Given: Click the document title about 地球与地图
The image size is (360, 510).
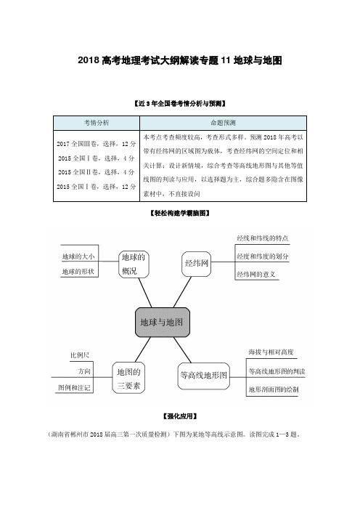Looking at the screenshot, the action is [x=180, y=60].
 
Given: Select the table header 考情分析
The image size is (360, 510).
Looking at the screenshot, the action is [x=97, y=123].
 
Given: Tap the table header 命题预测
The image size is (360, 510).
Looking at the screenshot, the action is [x=223, y=123].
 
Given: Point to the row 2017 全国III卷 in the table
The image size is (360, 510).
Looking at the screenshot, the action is [x=97, y=144].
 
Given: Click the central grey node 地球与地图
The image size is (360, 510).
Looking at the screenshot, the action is [x=163, y=323].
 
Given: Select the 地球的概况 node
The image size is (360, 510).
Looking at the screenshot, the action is [x=134, y=264].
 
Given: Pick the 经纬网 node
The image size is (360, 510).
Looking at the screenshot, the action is [x=196, y=264].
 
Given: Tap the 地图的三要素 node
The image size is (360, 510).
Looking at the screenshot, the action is [x=128, y=379].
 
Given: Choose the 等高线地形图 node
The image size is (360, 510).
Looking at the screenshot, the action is [x=204, y=376].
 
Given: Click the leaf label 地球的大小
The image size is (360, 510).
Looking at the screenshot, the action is [x=78, y=256].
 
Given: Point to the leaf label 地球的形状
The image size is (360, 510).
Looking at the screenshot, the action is [x=78, y=272].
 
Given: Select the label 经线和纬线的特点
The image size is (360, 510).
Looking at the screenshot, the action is [x=263, y=238].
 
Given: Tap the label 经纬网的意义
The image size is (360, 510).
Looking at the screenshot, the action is [x=256, y=275].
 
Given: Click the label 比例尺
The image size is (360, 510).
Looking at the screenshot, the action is [x=80, y=355].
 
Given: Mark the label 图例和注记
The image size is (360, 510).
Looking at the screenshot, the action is [x=74, y=388].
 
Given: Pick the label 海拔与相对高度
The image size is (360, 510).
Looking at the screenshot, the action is [x=271, y=352].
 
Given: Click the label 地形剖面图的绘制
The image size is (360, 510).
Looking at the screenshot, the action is [x=273, y=389].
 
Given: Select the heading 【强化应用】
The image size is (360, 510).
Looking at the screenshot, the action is [x=180, y=416].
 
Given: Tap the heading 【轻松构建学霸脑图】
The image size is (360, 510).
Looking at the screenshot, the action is [x=180, y=214].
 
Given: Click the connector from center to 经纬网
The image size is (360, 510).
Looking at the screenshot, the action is [x=183, y=292].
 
